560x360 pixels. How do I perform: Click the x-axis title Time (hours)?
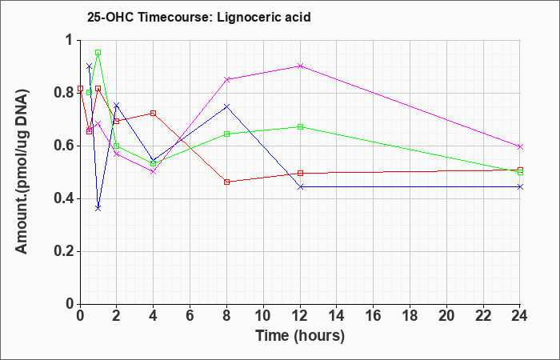click(x=300, y=336)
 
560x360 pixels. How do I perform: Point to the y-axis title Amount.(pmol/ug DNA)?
click(x=22, y=171)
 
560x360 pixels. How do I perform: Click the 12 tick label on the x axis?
click(x=300, y=316)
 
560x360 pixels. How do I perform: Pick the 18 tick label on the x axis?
click(x=410, y=316)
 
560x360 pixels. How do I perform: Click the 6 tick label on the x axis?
click(x=190, y=316)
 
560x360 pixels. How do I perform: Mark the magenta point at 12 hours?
click(x=300, y=66)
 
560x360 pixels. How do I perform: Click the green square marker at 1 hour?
click(x=98, y=53)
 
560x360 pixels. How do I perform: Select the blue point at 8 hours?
click(x=226, y=106)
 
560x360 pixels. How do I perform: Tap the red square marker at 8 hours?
click(x=226, y=182)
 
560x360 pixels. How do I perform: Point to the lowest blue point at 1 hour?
click(x=98, y=208)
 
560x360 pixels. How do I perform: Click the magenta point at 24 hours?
click(x=520, y=146)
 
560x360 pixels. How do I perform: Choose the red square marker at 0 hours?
click(x=80, y=88)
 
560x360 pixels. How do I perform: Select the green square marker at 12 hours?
click(x=300, y=126)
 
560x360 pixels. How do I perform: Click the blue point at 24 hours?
click(x=520, y=186)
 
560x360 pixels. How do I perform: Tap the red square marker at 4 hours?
click(x=154, y=114)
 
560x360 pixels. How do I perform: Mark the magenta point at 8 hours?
click(x=226, y=79)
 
